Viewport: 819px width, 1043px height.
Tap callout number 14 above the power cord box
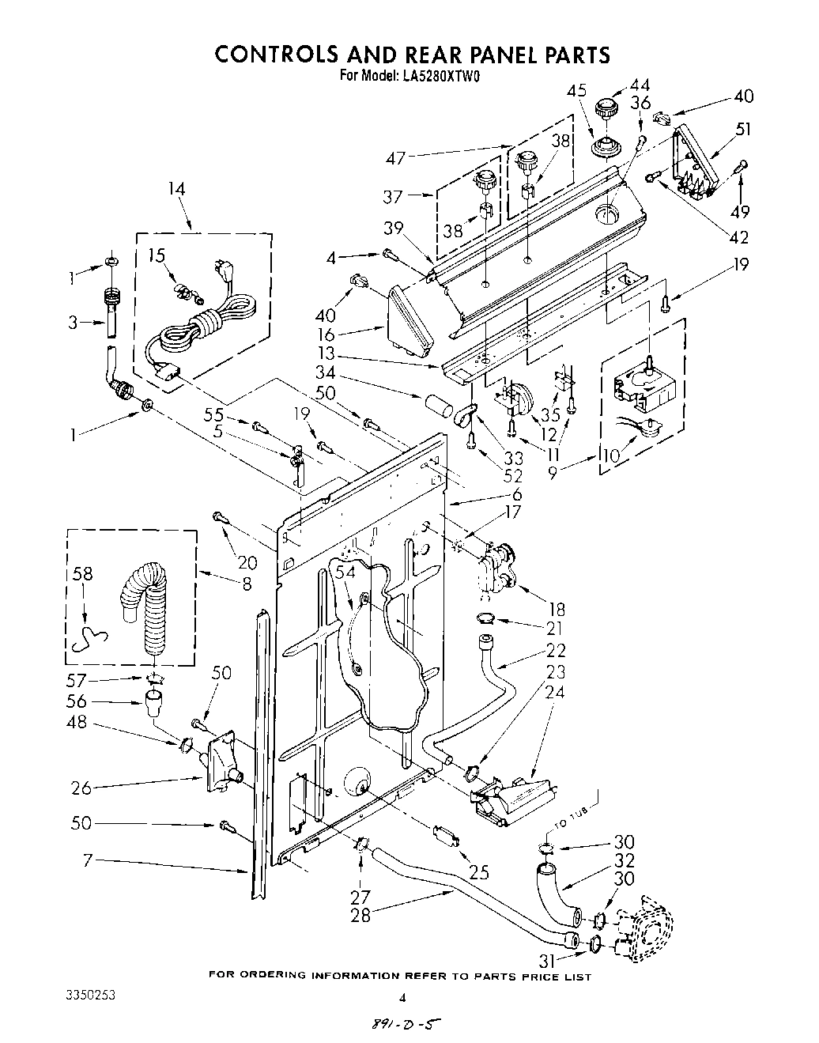pyautogui.click(x=177, y=189)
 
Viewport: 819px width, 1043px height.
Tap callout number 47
pyautogui.click(x=396, y=158)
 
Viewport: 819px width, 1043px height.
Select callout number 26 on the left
pyautogui.click(x=81, y=788)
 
